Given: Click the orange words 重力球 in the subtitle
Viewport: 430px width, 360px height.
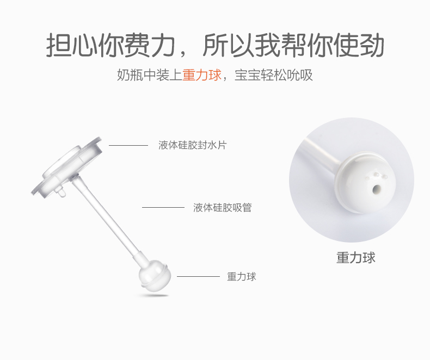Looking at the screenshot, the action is click(x=202, y=75).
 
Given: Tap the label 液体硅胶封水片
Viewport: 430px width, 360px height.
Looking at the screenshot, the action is click(x=193, y=145).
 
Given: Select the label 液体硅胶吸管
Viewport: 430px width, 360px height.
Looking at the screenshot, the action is click(x=223, y=207).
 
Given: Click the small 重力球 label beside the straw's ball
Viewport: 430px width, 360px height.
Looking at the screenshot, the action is click(x=242, y=276).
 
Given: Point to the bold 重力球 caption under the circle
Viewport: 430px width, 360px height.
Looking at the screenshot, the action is click(x=355, y=258).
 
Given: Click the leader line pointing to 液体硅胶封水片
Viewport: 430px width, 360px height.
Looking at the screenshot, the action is click(x=128, y=145).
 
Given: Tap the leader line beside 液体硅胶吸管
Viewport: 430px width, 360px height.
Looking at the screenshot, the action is click(x=163, y=207).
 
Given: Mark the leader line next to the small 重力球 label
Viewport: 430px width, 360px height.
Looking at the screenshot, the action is click(x=198, y=276).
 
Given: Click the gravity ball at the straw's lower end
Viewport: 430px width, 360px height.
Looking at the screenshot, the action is click(x=155, y=275).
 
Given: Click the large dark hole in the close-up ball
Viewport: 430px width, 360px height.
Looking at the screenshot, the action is click(x=377, y=189).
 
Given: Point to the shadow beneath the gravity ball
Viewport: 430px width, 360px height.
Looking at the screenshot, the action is click(x=153, y=295).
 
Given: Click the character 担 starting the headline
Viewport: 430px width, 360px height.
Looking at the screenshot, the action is click(x=59, y=45).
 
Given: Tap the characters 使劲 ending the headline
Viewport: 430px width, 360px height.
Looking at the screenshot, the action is click(x=358, y=45).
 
